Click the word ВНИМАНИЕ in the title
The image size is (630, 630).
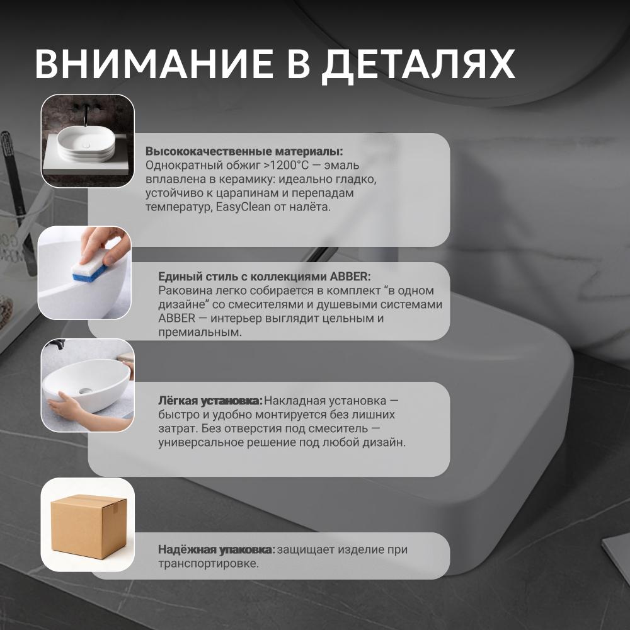tap(154, 64)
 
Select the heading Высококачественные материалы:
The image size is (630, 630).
tap(244, 151)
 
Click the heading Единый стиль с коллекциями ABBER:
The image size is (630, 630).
tap(265, 277)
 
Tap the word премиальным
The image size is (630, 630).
tap(200, 333)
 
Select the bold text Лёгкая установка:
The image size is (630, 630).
tap(210, 401)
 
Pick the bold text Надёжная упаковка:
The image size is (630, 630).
tap(217, 549)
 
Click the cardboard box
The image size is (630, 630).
tap(89, 526)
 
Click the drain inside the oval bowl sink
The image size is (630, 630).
tap(85, 390)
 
